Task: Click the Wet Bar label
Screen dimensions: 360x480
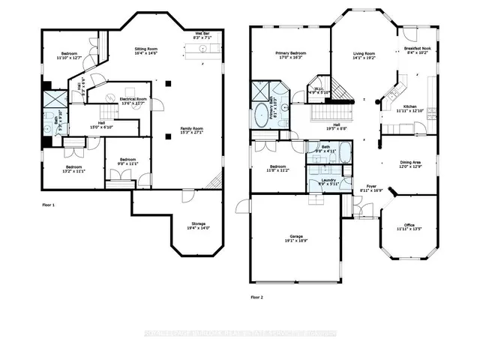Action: coord(202,35)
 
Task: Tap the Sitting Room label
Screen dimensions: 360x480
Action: coord(145,50)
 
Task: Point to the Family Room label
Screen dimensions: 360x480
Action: coord(191,130)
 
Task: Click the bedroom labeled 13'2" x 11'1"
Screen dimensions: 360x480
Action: coord(73,169)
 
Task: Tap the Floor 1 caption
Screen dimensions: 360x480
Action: coord(48,204)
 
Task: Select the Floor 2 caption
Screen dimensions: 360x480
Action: coord(257,298)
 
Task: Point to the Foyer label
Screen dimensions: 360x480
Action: coord(371,189)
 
